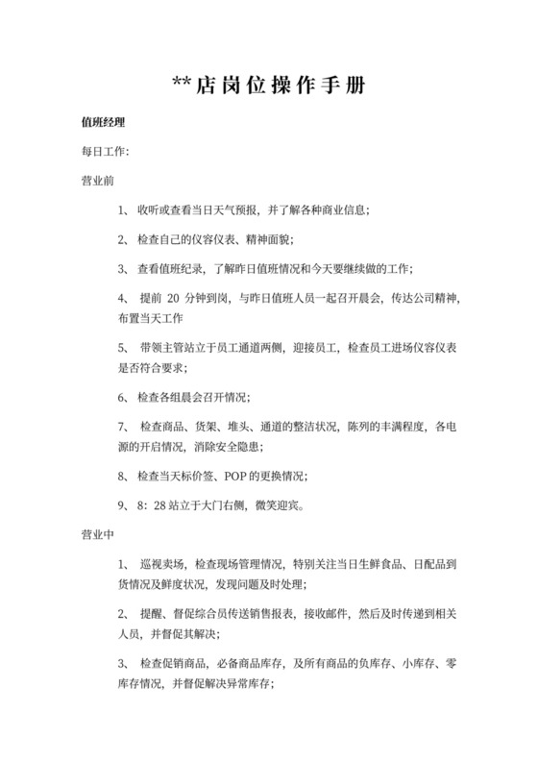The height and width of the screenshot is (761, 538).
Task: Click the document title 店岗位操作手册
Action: pyautogui.click(x=280, y=86)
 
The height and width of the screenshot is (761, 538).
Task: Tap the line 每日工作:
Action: pyautogui.click(x=105, y=152)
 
